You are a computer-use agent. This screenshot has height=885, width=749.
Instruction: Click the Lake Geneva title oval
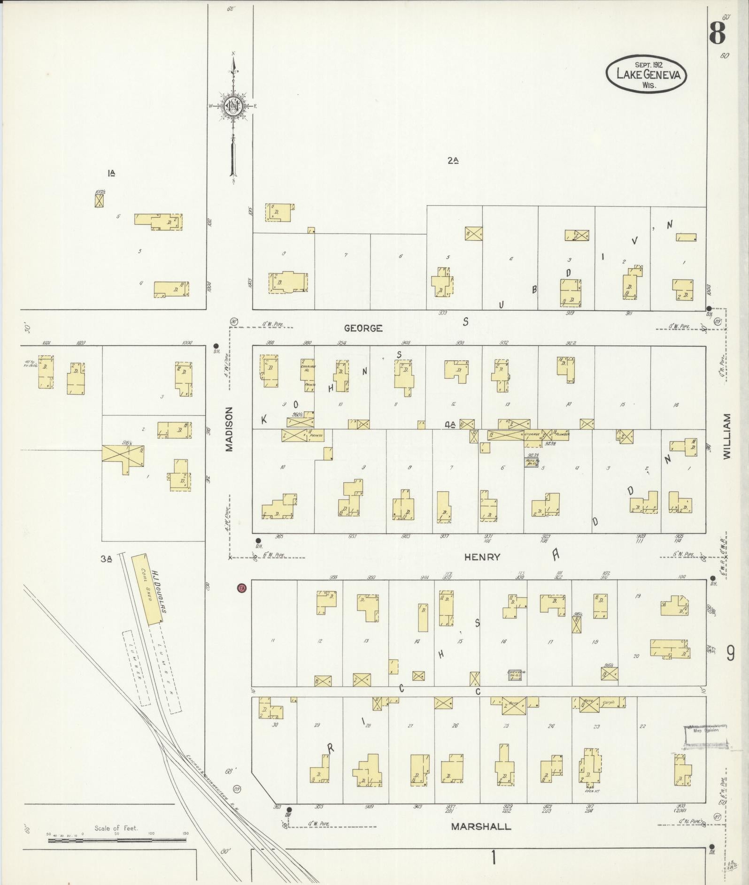tap(646, 74)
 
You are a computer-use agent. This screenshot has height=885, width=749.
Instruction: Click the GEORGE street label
tap(363, 328)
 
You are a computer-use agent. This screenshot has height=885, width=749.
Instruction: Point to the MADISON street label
tap(229, 429)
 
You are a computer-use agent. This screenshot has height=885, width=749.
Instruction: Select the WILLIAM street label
tap(727, 436)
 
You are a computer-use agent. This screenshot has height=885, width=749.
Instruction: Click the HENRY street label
tap(482, 557)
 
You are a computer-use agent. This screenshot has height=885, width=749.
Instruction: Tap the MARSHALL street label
tap(481, 826)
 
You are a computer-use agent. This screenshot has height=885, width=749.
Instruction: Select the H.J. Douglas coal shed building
tap(147, 590)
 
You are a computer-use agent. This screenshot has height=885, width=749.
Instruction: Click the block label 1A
tap(111, 173)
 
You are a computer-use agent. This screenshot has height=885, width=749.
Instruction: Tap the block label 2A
tap(452, 160)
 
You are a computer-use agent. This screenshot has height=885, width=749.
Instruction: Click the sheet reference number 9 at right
tap(730, 653)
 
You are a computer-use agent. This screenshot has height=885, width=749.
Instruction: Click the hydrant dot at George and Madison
tap(216, 346)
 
